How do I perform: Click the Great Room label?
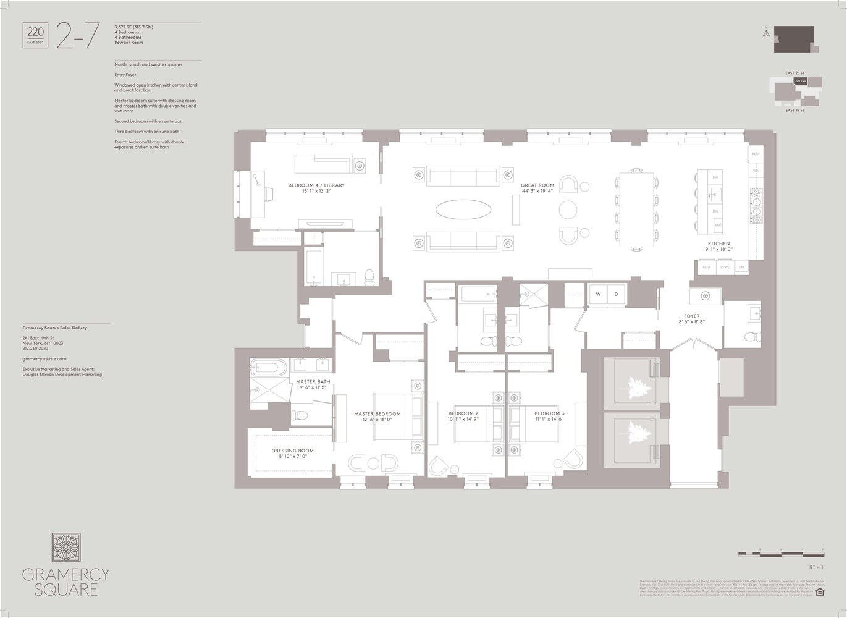pyautogui.click(x=537, y=185)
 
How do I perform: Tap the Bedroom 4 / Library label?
pyautogui.click(x=316, y=185)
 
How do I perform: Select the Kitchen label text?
pyautogui.click(x=718, y=244)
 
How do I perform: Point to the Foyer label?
pyautogui.click(x=691, y=316)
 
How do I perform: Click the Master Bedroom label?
pyautogui.click(x=377, y=414)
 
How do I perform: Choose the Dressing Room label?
pyautogui.click(x=292, y=451)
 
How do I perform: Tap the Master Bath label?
pyautogui.click(x=313, y=382)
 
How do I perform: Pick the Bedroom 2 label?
pyautogui.click(x=463, y=413)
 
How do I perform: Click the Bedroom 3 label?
pyautogui.click(x=549, y=413)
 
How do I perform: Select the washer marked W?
pyautogui.click(x=598, y=295)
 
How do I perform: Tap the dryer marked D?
pyautogui.click(x=616, y=295)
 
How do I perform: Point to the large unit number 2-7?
pyautogui.click(x=77, y=35)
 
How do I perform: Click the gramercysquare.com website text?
pyautogui.click(x=44, y=358)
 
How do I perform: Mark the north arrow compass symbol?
pyautogui.click(x=765, y=33)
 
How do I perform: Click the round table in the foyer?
pyautogui.click(x=705, y=295)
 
